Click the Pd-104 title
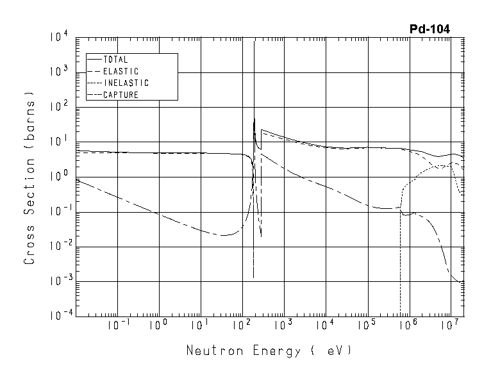429,29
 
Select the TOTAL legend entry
115,60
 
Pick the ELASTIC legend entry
121,71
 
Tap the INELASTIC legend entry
126,83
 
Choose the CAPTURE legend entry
121,95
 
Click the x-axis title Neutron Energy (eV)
269,351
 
